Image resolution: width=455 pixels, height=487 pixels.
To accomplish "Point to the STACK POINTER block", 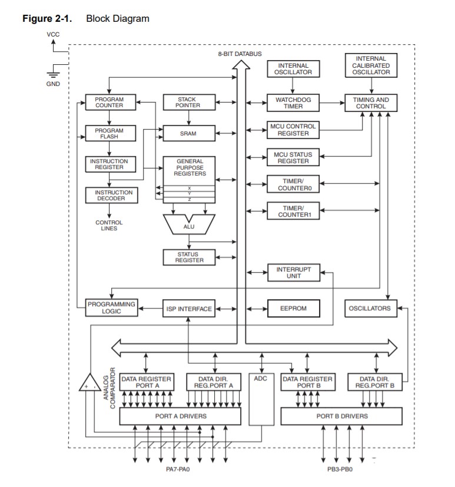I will pos(188,102).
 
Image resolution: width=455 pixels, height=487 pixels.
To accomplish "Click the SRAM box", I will pos(188,134).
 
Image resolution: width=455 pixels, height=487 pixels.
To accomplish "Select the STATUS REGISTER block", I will pos(188,257).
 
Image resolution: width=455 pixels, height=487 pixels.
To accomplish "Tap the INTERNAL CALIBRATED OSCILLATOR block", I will pos(371,65).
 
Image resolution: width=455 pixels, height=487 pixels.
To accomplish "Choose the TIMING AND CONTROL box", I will pos(371,103).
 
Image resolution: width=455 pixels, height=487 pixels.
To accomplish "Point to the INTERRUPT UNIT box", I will pos(293,272).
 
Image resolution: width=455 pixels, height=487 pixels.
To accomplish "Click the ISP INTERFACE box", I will pos(189,308).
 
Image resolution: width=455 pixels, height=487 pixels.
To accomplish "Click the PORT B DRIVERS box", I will pos(342,416).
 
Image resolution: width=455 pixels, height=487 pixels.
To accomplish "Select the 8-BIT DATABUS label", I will pos(240,54).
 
